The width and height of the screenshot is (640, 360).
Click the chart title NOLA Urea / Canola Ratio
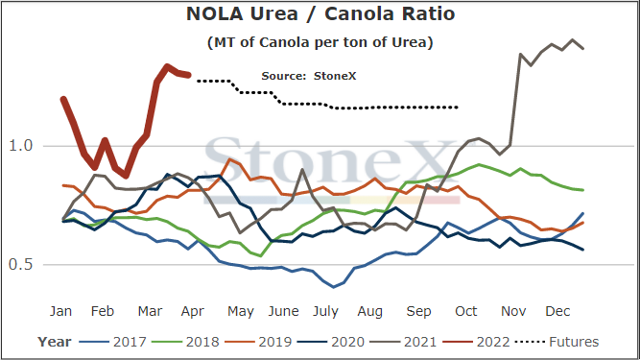[320, 13]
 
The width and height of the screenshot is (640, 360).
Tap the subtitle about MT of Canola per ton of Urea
[320, 42]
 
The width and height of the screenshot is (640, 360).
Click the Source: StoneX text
[309, 76]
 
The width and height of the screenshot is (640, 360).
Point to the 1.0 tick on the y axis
[20, 145]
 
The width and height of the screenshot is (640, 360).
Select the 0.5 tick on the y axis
[20, 265]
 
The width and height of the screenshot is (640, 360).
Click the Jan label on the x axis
[60, 311]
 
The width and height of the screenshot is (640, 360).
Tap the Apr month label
[192, 312]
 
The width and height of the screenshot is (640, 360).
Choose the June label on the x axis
[283, 311]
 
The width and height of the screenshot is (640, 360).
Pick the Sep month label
[418, 312]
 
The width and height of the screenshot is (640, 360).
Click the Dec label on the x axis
[557, 311]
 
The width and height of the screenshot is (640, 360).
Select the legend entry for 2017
[112, 342]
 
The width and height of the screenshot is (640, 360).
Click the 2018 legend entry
[185, 342]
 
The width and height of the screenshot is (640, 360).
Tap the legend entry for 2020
[331, 342]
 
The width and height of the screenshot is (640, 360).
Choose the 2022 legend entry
[476, 342]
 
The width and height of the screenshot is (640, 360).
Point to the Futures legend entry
[557, 342]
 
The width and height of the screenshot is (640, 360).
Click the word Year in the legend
[55, 342]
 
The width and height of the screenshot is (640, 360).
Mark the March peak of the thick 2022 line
[167, 65]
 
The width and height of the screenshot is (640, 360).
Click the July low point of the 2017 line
[334, 287]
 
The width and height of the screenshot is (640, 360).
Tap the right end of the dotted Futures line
[457, 108]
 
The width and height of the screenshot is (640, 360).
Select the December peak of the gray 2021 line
[572, 40]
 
